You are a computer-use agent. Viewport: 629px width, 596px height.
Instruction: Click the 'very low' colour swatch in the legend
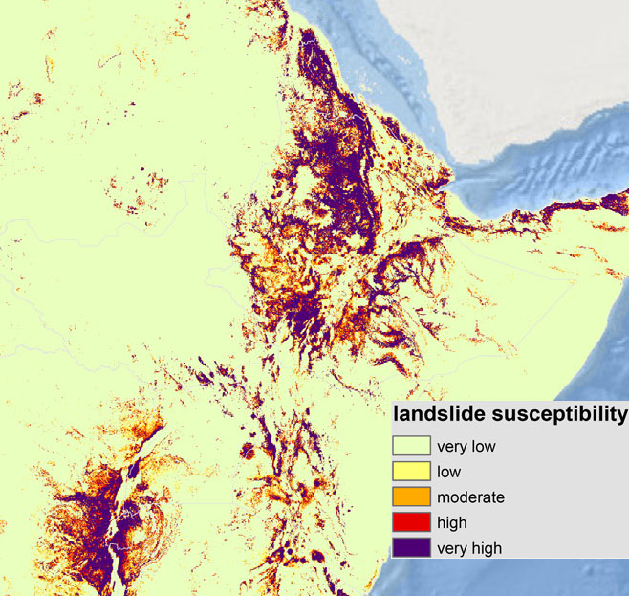[x=409, y=446]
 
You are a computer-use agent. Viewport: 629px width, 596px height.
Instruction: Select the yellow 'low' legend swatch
[x=409, y=472]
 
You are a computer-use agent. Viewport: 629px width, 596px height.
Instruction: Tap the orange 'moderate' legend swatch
[x=409, y=497]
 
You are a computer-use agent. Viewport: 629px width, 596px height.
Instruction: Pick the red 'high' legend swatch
[x=409, y=523]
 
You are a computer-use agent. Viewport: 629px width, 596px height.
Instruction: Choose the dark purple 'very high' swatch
[x=409, y=548]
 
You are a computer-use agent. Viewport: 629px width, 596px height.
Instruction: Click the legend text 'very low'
[x=466, y=446]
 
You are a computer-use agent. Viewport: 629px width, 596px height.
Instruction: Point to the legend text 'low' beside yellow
[x=448, y=472]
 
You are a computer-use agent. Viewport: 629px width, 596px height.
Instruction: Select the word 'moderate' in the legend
[x=470, y=497]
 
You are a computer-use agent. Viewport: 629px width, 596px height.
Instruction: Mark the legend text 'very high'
[x=469, y=548]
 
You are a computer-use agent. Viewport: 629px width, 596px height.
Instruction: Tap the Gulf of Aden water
[x=535, y=191]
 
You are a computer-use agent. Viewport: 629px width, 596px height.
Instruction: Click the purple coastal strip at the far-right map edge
[x=612, y=202]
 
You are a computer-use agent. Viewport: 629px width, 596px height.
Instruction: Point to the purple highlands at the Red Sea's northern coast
[x=315, y=57]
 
